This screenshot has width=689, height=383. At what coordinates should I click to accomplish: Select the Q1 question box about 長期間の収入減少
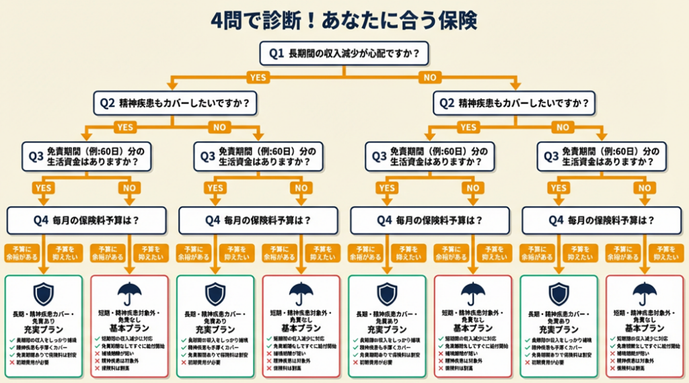344,52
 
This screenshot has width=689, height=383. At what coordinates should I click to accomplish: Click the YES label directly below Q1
258,77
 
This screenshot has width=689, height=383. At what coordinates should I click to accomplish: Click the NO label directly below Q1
429,77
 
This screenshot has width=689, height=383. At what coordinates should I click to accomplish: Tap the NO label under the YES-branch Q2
218,127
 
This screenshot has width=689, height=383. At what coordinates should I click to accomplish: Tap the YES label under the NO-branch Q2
468,127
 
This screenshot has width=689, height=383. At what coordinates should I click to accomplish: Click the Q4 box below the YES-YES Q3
86,219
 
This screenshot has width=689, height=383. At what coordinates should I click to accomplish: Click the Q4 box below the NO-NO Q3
602,219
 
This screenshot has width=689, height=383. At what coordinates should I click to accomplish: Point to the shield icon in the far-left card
44,294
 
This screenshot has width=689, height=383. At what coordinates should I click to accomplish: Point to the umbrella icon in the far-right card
645,294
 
